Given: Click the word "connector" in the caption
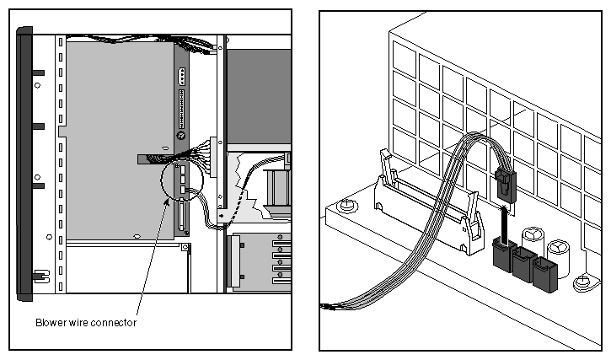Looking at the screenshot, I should pos(115,322).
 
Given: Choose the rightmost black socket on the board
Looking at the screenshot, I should pos(543,275).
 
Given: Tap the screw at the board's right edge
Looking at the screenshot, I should pos(582,284).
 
